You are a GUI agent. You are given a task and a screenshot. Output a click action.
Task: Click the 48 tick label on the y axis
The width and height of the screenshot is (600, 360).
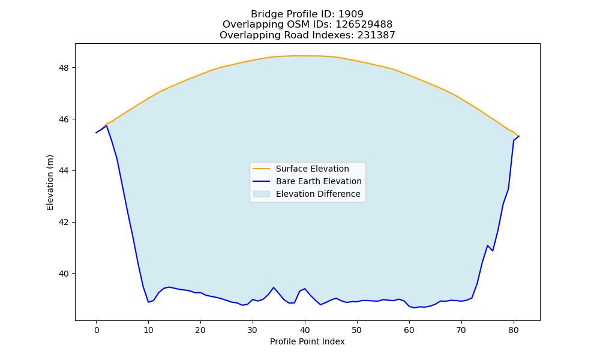pos(64,68)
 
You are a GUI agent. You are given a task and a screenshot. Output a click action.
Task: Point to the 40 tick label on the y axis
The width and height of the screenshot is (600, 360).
pos(64,274)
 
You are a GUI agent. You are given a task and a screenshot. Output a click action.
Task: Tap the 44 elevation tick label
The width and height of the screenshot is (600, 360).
pos(64,170)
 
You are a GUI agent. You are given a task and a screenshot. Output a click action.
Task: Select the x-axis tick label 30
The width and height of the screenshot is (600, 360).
pos(252,330)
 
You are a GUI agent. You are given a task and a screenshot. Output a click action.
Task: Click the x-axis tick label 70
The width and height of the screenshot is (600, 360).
pos(461,330)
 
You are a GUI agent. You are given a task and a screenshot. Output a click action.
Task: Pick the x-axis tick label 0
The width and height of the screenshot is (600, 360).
pos(96,330)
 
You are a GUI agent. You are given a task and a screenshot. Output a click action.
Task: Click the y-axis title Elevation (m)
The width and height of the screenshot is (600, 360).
pos(50,182)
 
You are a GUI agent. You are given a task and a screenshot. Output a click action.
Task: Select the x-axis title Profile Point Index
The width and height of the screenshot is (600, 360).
pos(307,341)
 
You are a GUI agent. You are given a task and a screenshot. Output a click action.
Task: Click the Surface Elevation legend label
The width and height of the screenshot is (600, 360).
pos(312,169)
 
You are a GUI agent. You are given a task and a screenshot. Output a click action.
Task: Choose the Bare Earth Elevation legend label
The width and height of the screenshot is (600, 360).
pos(319,181)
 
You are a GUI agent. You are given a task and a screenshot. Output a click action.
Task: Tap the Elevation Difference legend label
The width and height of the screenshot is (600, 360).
pos(318,194)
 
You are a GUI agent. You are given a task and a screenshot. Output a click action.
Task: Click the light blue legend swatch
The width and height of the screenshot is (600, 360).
pos(262,194)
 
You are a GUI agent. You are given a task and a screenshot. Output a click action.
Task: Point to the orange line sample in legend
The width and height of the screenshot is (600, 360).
pos(262,169)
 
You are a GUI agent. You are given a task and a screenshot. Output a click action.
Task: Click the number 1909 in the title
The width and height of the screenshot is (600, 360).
pos(351,14)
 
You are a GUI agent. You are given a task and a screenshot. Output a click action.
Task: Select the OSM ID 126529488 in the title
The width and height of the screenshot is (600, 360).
pos(364,25)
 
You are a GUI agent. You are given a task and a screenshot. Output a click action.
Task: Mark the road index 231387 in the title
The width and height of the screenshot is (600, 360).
pos(376,35)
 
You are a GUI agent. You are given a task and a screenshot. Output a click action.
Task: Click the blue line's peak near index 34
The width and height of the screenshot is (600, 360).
pos(273,287)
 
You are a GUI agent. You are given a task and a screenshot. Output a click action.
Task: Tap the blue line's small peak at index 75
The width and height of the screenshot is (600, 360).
pos(487,245)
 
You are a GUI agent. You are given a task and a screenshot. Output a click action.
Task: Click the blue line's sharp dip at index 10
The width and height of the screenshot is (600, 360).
pos(148,302)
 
